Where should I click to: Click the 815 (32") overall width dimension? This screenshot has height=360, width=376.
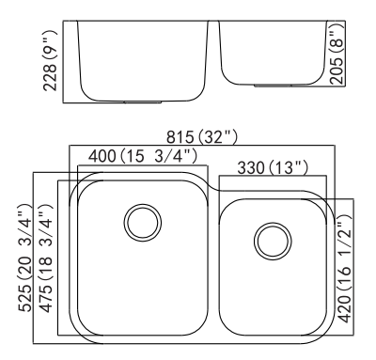tap(202, 137)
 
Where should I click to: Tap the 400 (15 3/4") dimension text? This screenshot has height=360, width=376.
tap(143, 156)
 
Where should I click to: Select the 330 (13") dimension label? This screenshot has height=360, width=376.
tap(273, 167)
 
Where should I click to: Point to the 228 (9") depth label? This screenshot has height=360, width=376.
tap(50, 61)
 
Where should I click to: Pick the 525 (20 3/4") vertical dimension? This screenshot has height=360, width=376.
tap(25, 258)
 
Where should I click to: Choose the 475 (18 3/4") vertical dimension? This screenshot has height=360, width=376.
tap(46, 258)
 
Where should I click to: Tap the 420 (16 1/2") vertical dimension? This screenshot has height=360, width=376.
tap(345, 269)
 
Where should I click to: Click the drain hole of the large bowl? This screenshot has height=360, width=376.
tap(143, 223)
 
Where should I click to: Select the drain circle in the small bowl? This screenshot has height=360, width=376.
tap(273, 242)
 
